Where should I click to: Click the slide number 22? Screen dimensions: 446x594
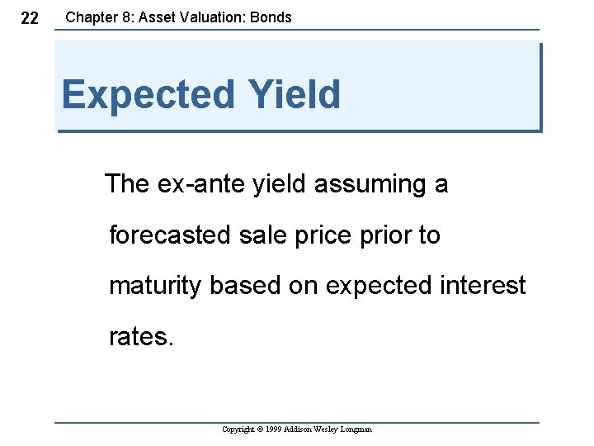(29, 18)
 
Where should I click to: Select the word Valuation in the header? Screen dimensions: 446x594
(218, 17)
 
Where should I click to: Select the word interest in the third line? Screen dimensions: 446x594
(484, 286)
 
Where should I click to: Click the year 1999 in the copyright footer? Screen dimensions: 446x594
(274, 429)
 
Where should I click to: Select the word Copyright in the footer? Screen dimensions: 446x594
(239, 429)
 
